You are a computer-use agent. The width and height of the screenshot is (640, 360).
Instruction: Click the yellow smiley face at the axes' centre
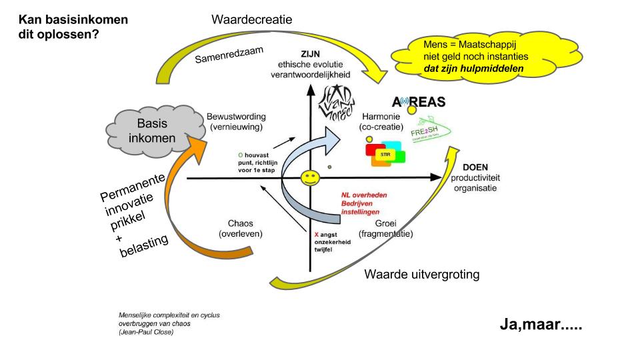pyautogui.click(x=309, y=178)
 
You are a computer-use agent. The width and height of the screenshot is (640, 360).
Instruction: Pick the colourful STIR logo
pyautogui.click(x=384, y=154)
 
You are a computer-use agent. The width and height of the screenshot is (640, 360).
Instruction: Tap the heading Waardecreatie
pyautogui.click(x=251, y=19)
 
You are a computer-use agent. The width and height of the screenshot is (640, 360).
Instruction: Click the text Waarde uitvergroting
pyautogui.click(x=422, y=275)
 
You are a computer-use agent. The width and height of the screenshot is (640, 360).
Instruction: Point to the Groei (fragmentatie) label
pyautogui.click(x=385, y=229)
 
